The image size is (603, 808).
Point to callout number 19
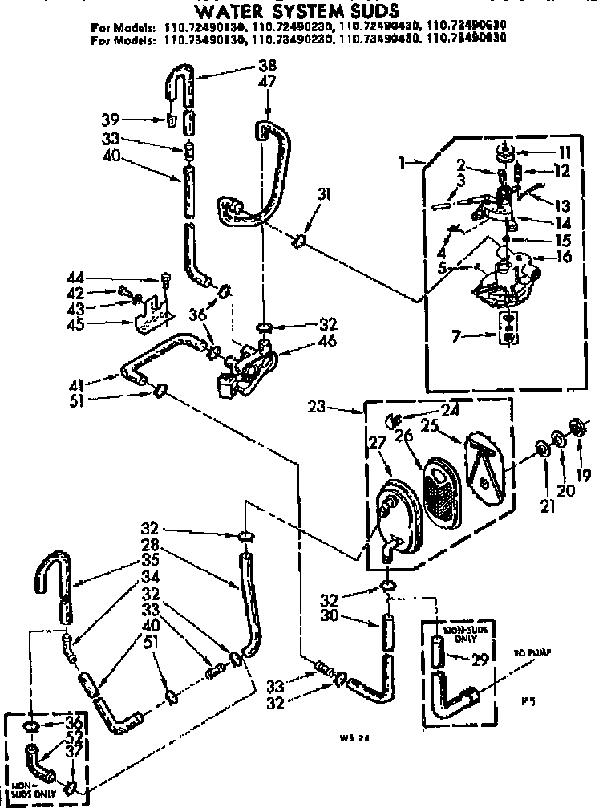[583, 475]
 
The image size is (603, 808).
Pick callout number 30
[350, 617]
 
